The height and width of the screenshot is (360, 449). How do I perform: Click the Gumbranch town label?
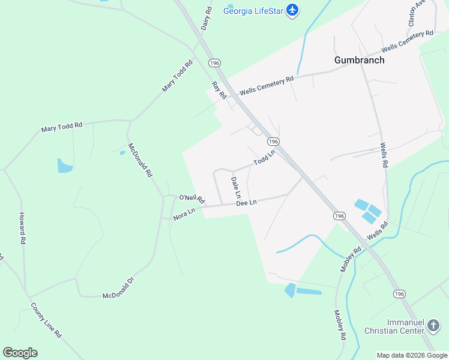(x=359, y=60)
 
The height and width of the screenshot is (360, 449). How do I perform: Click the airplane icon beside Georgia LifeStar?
(x=292, y=10)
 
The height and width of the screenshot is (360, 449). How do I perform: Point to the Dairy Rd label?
(x=207, y=19)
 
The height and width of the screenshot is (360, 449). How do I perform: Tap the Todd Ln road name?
(x=264, y=158)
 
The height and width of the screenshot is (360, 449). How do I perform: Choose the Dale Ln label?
(x=236, y=187)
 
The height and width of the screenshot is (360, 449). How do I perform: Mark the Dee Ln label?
(x=246, y=203)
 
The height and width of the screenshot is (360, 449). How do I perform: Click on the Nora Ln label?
(x=184, y=214)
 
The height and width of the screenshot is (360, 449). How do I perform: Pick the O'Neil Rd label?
(x=192, y=198)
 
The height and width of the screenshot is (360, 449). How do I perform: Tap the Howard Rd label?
(x=22, y=229)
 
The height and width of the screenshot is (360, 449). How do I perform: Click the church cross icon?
(x=433, y=326)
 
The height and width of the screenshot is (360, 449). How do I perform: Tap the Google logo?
(x=20, y=353)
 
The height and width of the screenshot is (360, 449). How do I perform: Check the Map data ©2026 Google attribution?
(x=412, y=355)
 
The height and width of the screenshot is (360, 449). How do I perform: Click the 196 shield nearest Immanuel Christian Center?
(x=399, y=293)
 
